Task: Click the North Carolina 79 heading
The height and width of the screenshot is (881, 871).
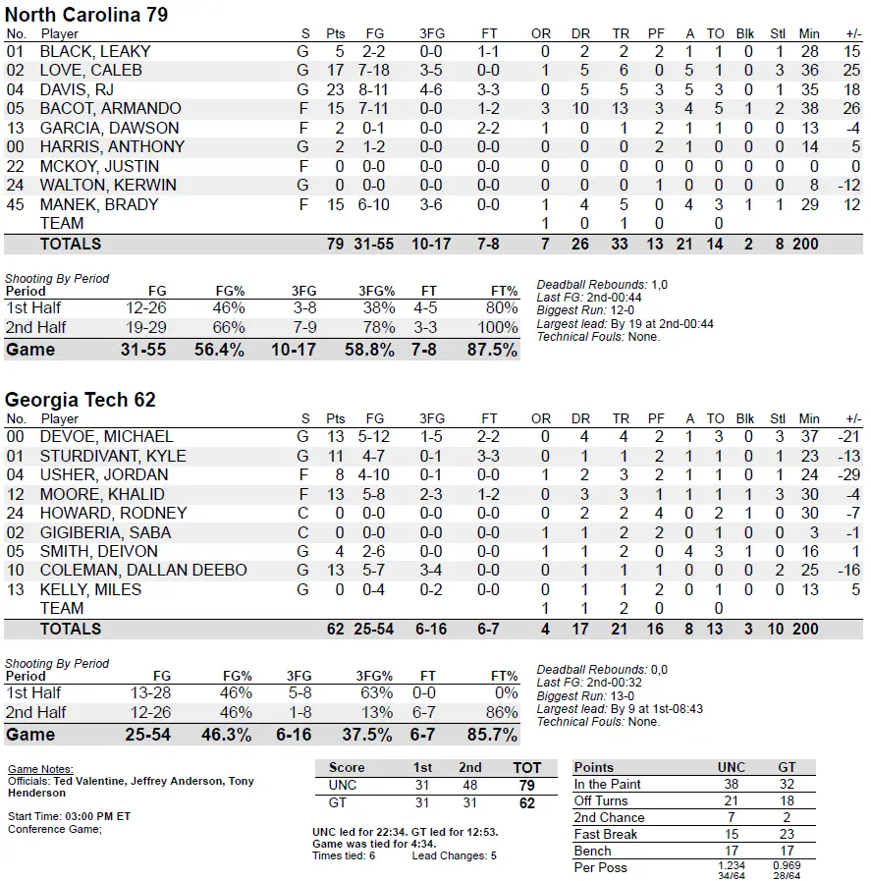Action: pos(86,15)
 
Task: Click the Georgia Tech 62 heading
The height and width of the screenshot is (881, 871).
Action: pos(81,400)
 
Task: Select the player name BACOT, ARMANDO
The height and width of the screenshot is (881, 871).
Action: pos(110,108)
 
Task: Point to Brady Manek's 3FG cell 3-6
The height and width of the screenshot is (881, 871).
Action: pos(430,204)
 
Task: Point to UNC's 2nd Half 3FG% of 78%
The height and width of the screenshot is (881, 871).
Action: pos(374,327)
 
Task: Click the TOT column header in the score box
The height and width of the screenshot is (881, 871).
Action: pos(527,767)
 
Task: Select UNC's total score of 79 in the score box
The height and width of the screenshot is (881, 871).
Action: pos(527,785)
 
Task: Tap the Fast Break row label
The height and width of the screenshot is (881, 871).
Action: pos(606,834)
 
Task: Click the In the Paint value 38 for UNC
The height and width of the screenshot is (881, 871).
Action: pos(732,784)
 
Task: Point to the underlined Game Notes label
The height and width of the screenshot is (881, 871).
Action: pos(40,769)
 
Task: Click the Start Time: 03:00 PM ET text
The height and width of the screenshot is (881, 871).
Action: pos(70,816)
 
